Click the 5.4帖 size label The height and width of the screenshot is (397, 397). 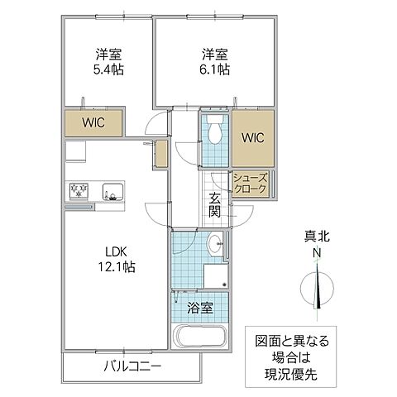(x=108, y=70)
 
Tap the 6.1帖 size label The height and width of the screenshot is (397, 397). (x=214, y=70)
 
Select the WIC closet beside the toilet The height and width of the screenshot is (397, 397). (x=252, y=137)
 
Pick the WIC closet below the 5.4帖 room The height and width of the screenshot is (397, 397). (x=93, y=123)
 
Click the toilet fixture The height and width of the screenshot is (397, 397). (x=215, y=132)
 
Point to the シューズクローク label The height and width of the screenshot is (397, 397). (x=250, y=183)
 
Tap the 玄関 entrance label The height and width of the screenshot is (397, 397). (x=215, y=203)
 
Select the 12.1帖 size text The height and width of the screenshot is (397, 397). (x=117, y=267)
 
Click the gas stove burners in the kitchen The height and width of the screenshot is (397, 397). (x=79, y=191)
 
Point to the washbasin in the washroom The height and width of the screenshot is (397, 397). (x=216, y=242)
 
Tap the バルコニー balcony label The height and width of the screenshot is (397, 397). (x=132, y=366)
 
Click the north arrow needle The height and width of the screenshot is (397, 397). (x=318, y=289)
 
